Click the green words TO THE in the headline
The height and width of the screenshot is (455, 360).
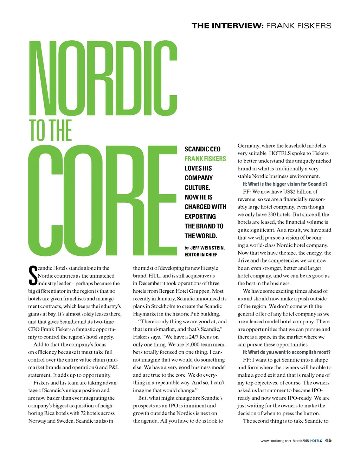[51, 131]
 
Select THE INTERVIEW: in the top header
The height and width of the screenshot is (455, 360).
[227, 26]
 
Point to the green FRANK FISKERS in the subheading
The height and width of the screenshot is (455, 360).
[205, 159]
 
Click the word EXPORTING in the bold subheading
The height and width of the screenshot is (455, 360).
[200, 216]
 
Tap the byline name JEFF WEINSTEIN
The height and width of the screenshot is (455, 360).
[207, 248]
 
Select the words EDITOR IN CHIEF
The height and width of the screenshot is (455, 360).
[201, 255]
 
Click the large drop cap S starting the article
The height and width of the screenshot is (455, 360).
[32, 276]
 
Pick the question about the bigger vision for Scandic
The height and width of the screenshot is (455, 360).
[285, 184]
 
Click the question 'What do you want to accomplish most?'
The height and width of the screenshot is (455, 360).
[287, 352]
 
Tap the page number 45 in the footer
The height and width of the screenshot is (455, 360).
[328, 440]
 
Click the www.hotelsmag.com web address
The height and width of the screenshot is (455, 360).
[276, 441]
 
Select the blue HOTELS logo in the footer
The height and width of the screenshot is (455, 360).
[316, 441]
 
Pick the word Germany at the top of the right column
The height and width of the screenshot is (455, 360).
[248, 145]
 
